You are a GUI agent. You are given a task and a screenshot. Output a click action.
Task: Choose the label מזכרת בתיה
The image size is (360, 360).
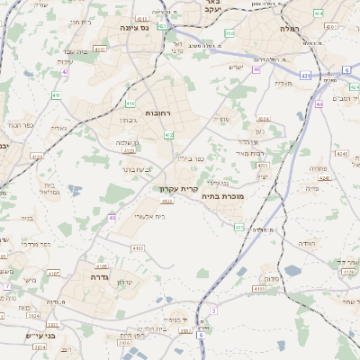(x=223, y=196)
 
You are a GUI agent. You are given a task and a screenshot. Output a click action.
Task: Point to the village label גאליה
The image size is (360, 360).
(x=59, y=128)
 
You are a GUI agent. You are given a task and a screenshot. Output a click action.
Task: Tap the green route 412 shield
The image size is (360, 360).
(x=169, y=134)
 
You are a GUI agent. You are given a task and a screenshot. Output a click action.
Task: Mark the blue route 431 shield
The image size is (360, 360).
(x=305, y=76)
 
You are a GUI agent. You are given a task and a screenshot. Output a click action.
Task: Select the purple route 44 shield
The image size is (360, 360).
(x=319, y=104)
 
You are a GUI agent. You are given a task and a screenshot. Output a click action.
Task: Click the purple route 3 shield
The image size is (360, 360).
(x=213, y=310)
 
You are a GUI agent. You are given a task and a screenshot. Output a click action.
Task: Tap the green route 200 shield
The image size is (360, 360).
(x=229, y=33)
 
